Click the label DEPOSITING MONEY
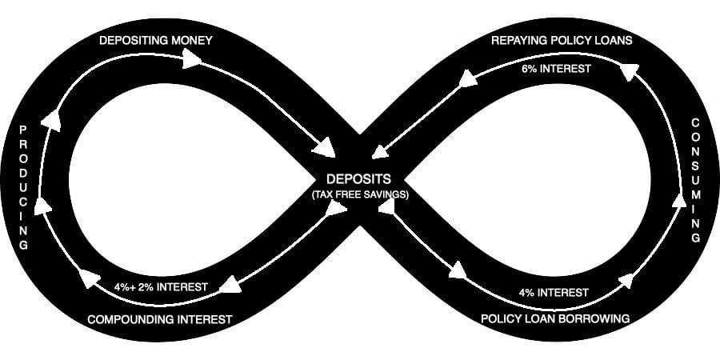pyautogui.click(x=155, y=39)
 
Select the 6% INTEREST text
pyautogui.click(x=556, y=69)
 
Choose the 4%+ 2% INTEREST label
pyautogui.click(x=161, y=286)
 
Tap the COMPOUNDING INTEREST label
pyautogui.click(x=159, y=319)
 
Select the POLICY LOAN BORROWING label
pyautogui.click(x=555, y=318)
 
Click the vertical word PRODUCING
pyautogui.click(x=23, y=187)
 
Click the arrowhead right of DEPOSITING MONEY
pyautogui.click(x=192, y=58)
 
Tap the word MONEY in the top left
pyautogui.click(x=190, y=39)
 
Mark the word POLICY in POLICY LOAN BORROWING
pyautogui.click(x=502, y=318)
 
